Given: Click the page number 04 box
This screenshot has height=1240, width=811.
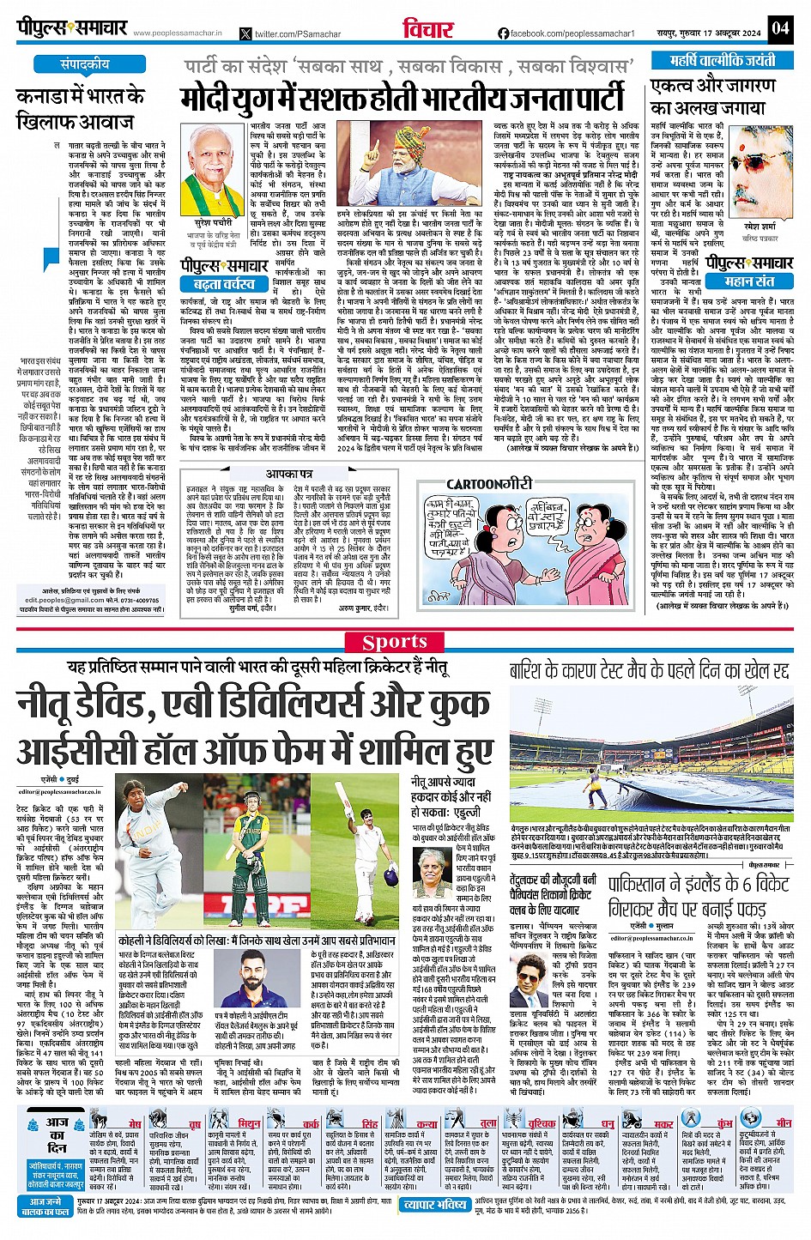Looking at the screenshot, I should point(779,27).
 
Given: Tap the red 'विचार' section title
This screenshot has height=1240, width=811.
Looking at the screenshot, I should point(428,27).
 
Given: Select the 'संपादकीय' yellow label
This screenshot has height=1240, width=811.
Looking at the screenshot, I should point(86,64).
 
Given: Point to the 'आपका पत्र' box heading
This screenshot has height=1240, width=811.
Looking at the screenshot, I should point(288,474).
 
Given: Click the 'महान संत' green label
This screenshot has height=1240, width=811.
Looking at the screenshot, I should point(749,281).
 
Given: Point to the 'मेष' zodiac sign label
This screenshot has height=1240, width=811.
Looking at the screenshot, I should point(134,1123).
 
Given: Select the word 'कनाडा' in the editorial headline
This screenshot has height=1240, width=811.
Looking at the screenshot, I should point(44,96).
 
